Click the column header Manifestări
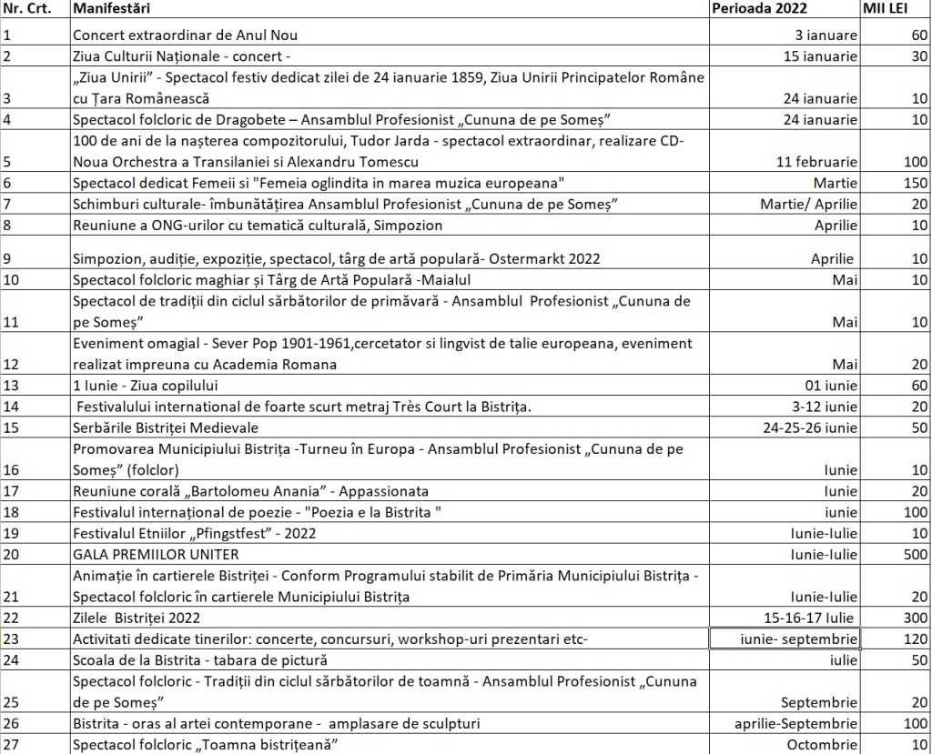[x=111, y=9]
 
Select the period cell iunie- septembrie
[x=785, y=638]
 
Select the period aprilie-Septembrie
[x=796, y=724]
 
